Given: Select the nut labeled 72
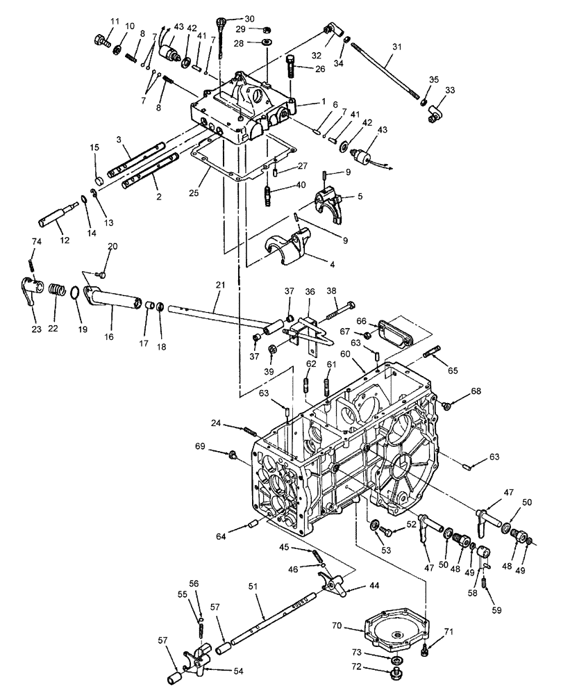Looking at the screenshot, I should [x=398, y=673].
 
